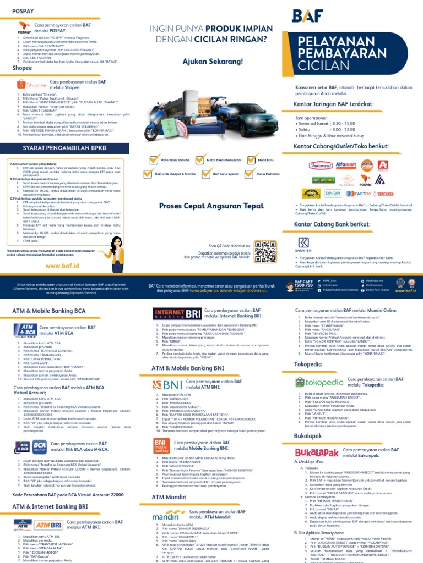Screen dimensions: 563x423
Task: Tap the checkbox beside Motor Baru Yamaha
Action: pos(155,160)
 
